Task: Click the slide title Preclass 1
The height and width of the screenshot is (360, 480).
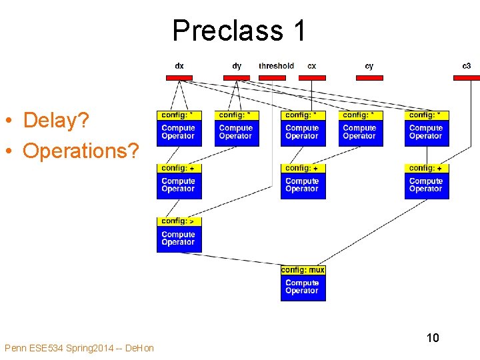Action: point(239,31)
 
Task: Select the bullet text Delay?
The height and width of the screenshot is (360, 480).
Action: point(57,121)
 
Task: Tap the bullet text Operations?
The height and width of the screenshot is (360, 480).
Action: point(81,151)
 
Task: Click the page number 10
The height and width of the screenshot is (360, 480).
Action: point(433,338)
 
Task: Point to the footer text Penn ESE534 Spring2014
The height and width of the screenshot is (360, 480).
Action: point(79,348)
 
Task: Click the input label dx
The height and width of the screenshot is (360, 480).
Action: point(179,66)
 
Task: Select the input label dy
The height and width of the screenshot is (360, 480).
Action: point(237,66)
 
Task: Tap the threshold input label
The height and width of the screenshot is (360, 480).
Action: point(276,66)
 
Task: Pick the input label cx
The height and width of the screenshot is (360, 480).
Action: point(312,66)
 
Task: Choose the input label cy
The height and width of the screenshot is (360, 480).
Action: point(369,66)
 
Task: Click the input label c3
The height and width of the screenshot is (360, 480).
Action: point(467,66)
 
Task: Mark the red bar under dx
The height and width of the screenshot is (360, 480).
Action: point(179,78)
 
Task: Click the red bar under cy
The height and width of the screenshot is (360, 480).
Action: point(369,78)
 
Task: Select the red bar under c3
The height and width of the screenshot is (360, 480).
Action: point(467,78)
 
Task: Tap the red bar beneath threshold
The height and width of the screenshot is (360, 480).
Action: point(272,78)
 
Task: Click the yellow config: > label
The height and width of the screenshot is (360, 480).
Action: point(179,221)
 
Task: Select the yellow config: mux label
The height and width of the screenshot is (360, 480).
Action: point(303,270)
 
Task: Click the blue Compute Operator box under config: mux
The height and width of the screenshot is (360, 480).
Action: point(303,287)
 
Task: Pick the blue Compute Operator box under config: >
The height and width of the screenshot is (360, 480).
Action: point(179,239)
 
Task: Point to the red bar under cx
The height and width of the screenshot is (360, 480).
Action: point(312,78)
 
